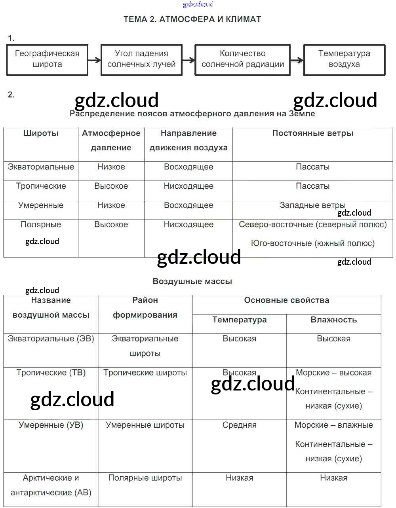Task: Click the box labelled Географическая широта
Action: click(47, 59)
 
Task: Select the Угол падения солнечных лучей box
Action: click(141, 59)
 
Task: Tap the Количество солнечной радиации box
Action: click(242, 59)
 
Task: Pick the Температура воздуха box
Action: click(344, 59)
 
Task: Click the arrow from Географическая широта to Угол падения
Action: click(94, 61)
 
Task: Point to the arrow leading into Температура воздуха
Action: click(297, 61)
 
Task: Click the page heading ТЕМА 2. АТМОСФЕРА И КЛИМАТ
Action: click(192, 19)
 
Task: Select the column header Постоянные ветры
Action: click(312, 133)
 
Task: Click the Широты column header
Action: click(41, 133)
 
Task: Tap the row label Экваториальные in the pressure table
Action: click(41, 167)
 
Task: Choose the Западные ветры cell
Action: click(312, 205)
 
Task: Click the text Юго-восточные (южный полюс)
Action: click(312, 243)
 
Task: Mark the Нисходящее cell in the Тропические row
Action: click(188, 186)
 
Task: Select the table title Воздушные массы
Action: click(192, 281)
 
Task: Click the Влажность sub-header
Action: click(333, 320)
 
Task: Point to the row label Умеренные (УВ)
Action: click(51, 425)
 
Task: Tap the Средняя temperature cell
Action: click(239, 425)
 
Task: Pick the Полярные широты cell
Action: click(145, 478)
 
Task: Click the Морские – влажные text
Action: click(333, 425)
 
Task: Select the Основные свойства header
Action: click(286, 300)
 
